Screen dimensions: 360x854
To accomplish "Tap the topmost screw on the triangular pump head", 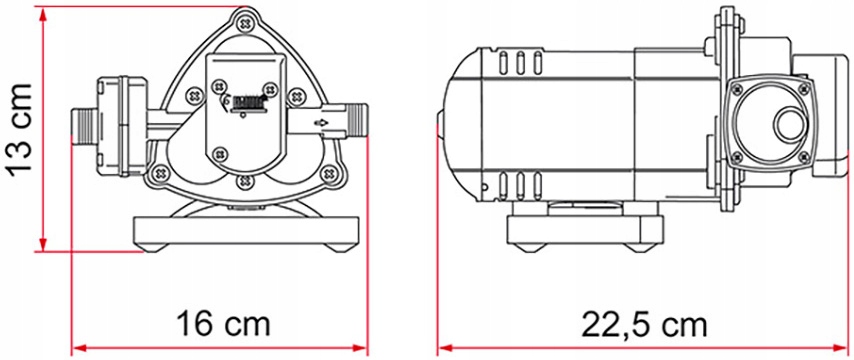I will pos(243,18).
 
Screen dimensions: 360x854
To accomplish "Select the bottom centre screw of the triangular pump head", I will pos(243,181).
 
